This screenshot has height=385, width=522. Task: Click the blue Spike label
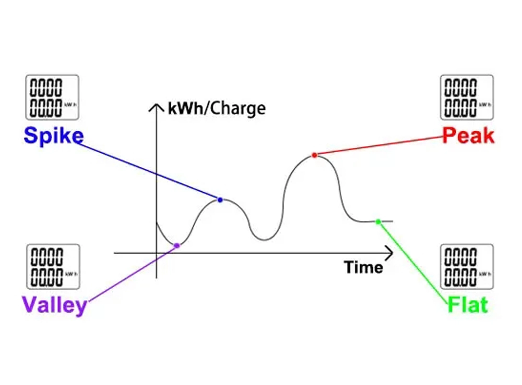(x=53, y=136)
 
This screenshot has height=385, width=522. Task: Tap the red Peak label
(x=468, y=136)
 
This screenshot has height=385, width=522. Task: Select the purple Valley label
(x=54, y=304)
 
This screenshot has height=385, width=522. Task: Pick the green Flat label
(x=468, y=305)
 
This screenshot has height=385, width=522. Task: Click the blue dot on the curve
(x=220, y=200)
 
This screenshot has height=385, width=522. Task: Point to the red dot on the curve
(x=314, y=155)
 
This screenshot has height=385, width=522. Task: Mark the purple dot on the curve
(x=176, y=245)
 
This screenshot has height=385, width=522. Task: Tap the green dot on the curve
(x=378, y=221)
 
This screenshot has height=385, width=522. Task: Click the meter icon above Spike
(x=52, y=97)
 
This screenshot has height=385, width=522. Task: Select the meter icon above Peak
(x=467, y=97)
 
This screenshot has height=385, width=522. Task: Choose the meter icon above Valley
(x=53, y=266)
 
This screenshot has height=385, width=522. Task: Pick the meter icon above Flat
(x=467, y=266)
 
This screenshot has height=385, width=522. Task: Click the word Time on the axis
(x=363, y=268)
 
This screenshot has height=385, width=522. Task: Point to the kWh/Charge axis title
(x=217, y=108)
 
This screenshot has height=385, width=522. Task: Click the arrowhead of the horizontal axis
(x=389, y=253)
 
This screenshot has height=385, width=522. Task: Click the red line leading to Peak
(x=378, y=146)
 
